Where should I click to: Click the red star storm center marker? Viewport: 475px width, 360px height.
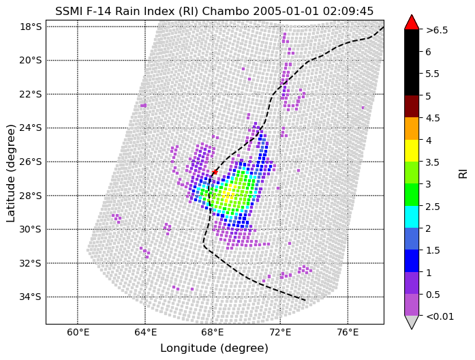[215, 172]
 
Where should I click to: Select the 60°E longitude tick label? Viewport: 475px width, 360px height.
[78, 332]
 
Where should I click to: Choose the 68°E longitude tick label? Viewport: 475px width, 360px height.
[213, 332]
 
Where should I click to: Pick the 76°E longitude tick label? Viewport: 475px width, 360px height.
[348, 332]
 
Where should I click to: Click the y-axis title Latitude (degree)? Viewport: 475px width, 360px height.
[11, 173]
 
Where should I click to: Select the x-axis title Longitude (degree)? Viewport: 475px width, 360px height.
[214, 348]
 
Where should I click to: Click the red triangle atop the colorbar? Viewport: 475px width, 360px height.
[412, 22]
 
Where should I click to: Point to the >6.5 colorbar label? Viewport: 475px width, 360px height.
[437, 30]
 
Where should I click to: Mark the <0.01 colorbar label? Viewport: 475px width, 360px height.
[439, 316]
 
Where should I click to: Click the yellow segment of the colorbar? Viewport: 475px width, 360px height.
[412, 150]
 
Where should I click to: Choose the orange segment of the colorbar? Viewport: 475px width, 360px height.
[412, 128]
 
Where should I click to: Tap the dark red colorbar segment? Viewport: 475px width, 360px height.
[412, 106]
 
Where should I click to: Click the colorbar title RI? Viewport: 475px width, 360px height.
[462, 173]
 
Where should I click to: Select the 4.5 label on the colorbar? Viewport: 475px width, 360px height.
[433, 118]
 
